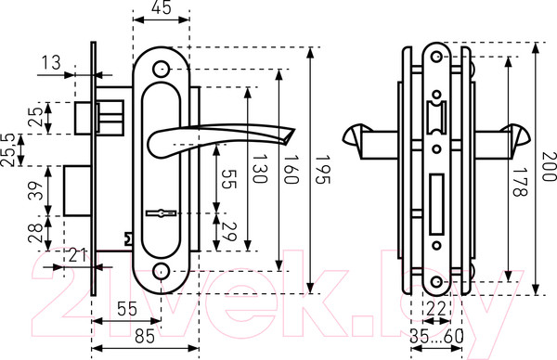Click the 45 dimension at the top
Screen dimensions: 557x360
tap(161, 7)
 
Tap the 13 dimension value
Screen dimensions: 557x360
tap(51, 63)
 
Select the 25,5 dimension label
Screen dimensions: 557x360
tap(7, 150)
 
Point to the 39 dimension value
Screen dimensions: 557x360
tap(36, 190)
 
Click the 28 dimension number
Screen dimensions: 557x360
tap(36, 233)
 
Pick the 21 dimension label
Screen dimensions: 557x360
tap(77, 255)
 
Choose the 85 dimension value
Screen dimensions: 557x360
tap(145, 336)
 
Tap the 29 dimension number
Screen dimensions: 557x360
tap(229, 231)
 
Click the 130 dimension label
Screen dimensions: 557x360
tap(260, 168)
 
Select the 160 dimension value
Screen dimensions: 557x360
tap(291, 169)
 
